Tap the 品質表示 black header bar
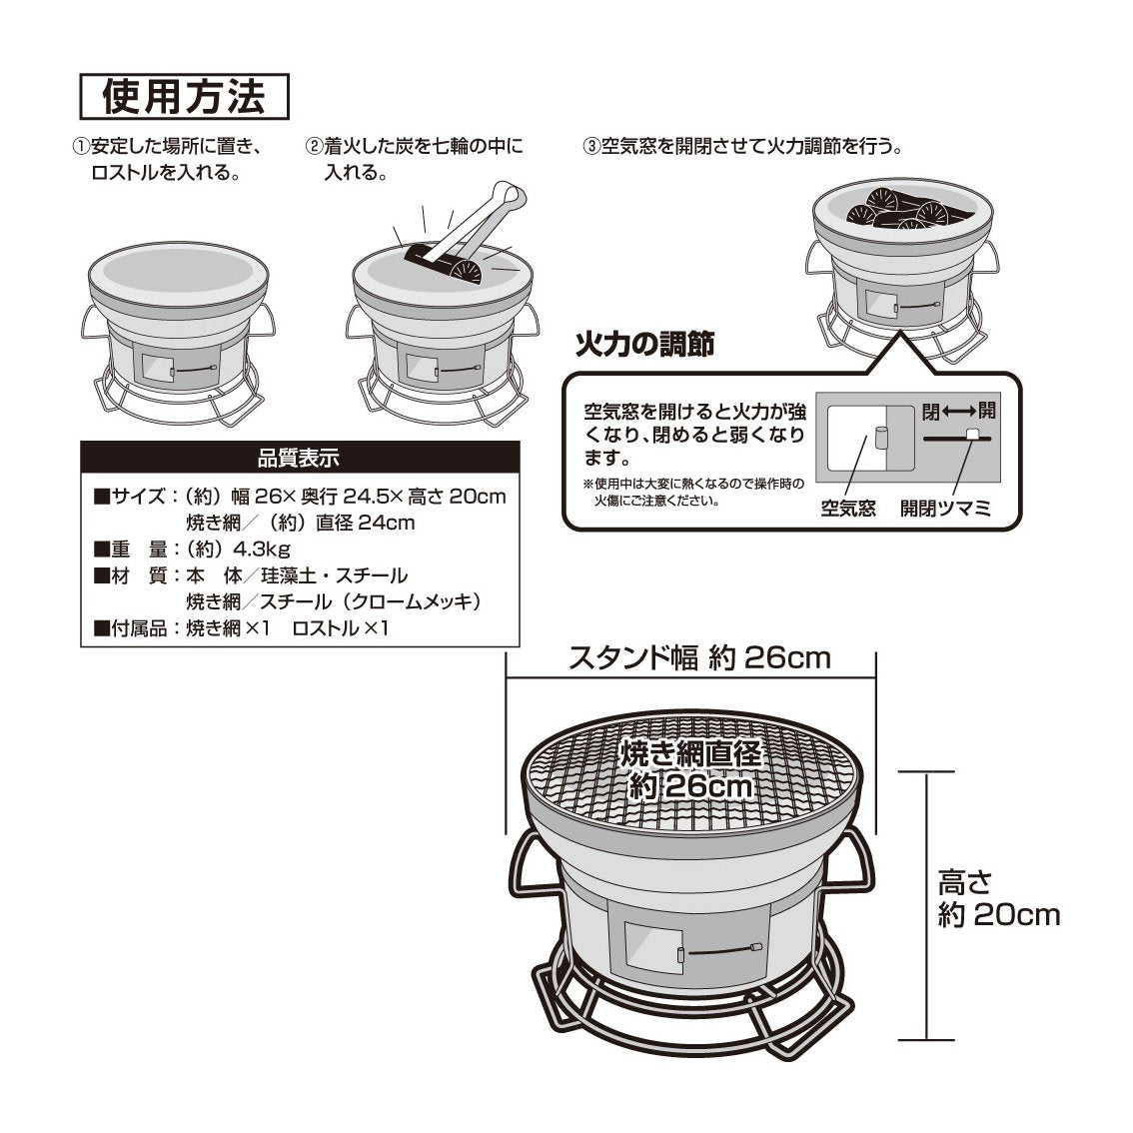point(299,459)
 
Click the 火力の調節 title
point(644,345)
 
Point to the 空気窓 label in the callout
point(847,509)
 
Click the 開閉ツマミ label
point(945,509)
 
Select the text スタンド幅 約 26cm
point(698,658)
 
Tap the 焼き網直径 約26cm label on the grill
point(690,769)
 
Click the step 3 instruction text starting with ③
point(743,147)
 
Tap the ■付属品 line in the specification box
point(241,628)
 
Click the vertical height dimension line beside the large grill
point(927,904)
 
